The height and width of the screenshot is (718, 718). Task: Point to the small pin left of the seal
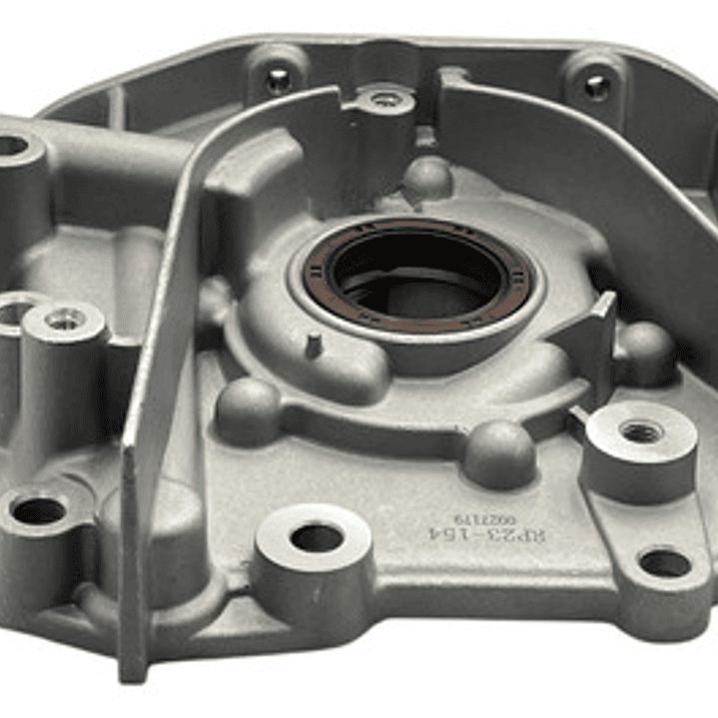coord(313,346)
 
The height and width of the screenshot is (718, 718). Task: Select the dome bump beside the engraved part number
coord(499,451)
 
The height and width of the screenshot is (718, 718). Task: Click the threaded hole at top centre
coord(385,99)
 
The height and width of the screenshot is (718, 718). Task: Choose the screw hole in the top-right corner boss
coord(596,86)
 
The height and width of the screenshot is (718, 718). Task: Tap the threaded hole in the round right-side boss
coord(640,431)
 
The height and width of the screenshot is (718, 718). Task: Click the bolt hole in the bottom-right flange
coord(663,563)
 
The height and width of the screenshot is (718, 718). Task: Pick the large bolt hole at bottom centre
coord(317,537)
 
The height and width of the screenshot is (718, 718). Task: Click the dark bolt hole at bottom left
coord(40,510)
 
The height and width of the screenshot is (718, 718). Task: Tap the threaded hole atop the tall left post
coord(66,319)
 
